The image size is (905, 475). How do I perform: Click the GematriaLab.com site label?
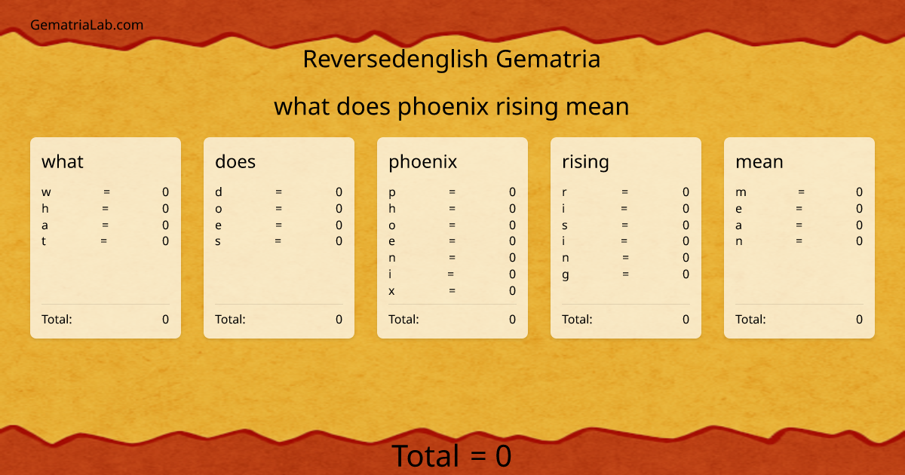[87, 25]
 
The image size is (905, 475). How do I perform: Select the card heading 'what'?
[63, 161]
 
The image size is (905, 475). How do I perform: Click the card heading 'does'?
[235, 161]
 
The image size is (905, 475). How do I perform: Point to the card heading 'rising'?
[585, 161]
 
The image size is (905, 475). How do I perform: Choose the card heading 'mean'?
[759, 161]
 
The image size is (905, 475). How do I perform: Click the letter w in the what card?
[47, 192]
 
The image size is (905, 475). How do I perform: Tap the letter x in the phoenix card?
[391, 291]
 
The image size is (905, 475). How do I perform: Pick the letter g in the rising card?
[566, 274]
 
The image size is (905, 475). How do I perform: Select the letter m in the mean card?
[741, 192]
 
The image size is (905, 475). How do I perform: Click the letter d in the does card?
[219, 192]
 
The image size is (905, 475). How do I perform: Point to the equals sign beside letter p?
[452, 192]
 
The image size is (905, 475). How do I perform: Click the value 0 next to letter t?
[165, 241]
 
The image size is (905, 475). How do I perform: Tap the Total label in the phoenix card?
[403, 319]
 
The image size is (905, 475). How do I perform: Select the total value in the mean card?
[859, 319]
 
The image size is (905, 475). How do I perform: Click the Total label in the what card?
[57, 319]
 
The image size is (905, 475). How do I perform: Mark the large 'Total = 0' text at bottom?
[451, 456]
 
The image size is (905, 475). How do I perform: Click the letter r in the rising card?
[565, 192]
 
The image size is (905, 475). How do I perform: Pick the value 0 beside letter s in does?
[339, 241]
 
